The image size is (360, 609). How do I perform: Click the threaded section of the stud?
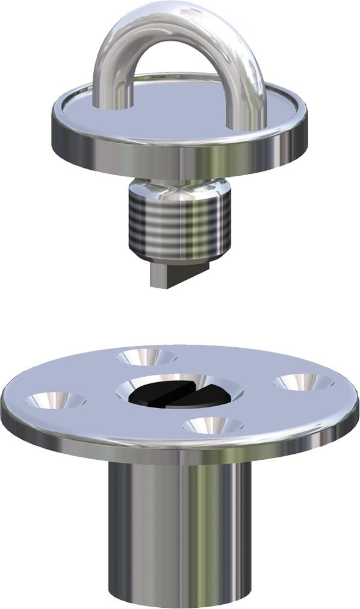(x=179, y=226)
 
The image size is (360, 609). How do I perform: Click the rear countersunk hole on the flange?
(x=146, y=357)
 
